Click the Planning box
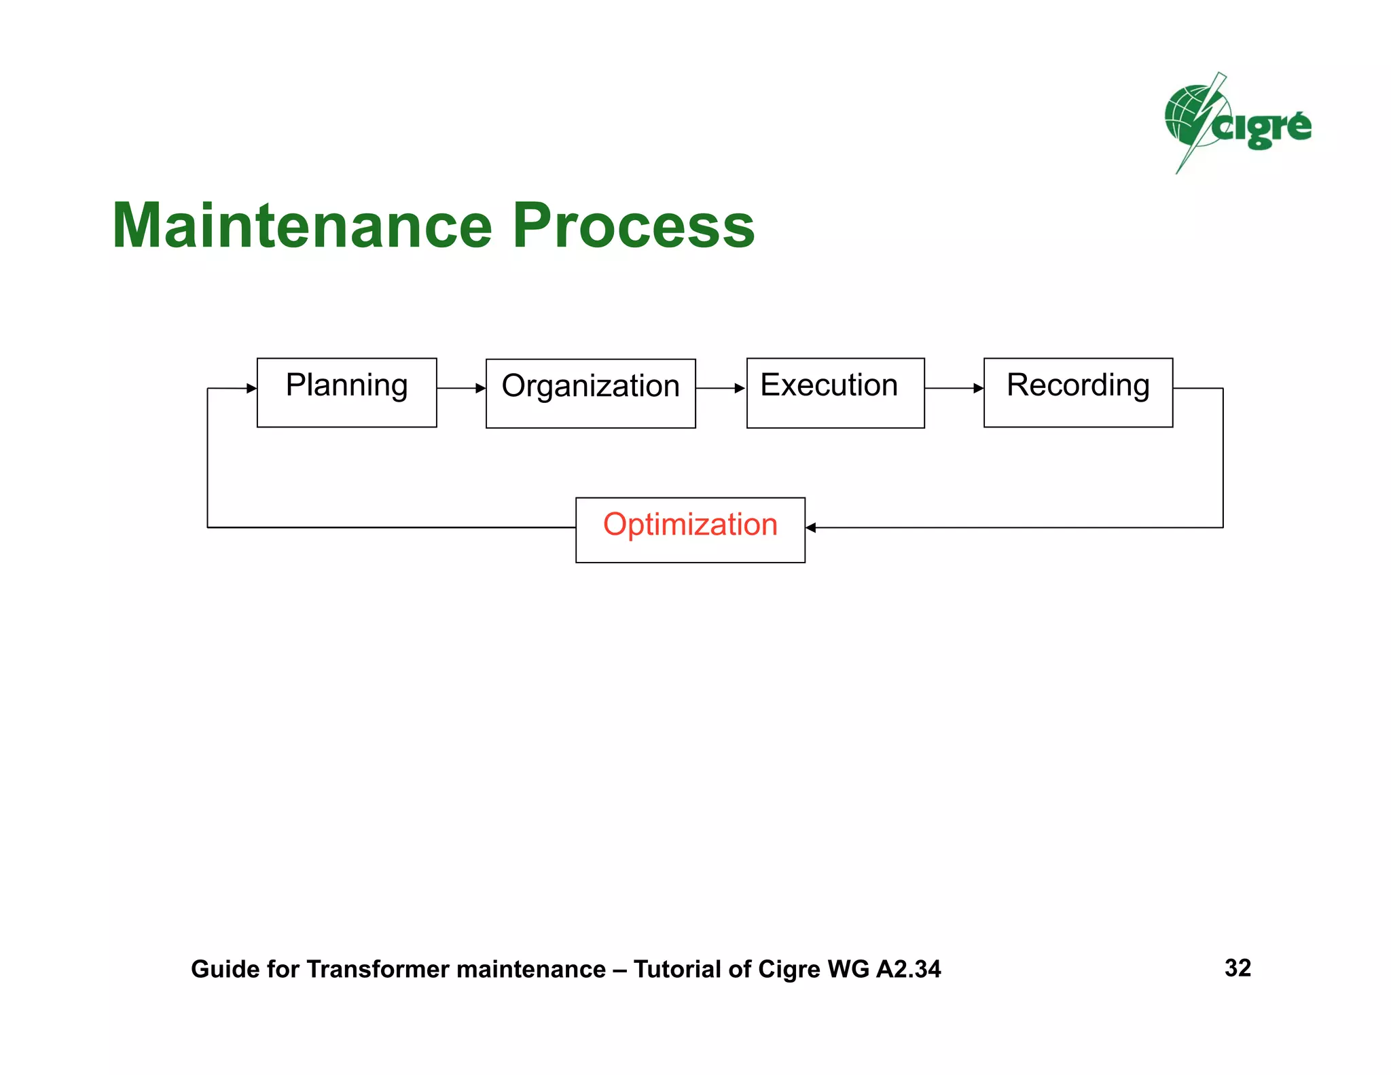coord(346,392)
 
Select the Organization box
coord(590,393)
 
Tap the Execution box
coord(835,393)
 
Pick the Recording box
coord(1078,392)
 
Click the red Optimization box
coord(690,529)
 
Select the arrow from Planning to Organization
coord(461,388)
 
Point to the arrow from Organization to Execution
coord(721,388)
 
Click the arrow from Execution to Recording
coord(954,388)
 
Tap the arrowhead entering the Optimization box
coord(811,527)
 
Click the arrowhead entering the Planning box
coord(251,388)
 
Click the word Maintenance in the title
coord(302,226)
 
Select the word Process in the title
coord(633,226)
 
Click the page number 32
coord(1238,968)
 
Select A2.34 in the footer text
coord(908,969)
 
